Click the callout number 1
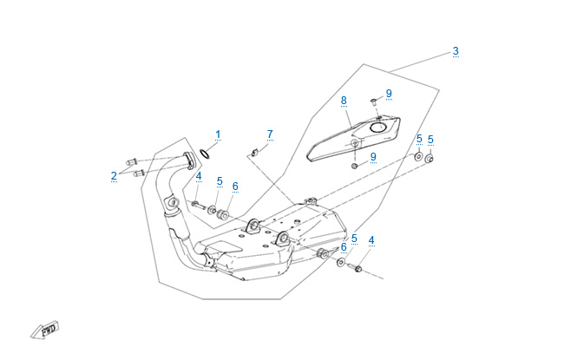(218, 134)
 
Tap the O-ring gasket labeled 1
(206, 155)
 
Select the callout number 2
(114, 176)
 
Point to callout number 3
(456, 51)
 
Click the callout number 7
(270, 134)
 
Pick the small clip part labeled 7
(254, 153)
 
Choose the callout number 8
(344, 100)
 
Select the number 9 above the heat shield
(389, 93)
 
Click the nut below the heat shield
(356, 164)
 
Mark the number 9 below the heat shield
(373, 157)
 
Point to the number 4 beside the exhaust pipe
(198, 176)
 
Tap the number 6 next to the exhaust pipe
(234, 186)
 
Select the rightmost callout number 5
(430, 140)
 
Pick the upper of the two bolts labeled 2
(133, 160)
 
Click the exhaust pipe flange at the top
(187, 161)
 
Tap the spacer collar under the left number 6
(221, 213)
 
